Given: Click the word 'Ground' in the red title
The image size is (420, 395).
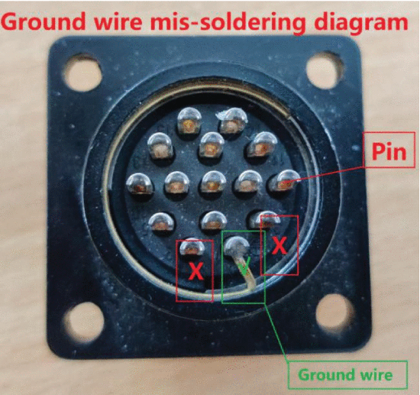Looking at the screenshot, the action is click(44, 22).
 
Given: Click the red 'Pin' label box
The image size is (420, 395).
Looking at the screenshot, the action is click(389, 150).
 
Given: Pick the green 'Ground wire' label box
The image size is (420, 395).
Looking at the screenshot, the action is click(347, 374).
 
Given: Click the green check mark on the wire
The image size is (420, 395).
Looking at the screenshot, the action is click(244, 267).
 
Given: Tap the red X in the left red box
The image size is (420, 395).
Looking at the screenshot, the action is click(196, 271).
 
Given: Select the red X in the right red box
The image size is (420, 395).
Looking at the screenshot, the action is click(279, 246).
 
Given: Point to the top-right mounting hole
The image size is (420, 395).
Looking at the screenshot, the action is click(325, 70).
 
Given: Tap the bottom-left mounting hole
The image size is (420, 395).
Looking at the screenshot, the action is click(84, 324).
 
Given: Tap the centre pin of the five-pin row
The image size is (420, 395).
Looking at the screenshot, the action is click(213, 183).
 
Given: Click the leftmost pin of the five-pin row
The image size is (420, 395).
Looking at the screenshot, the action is click(139, 184).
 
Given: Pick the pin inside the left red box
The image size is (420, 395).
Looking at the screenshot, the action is click(192, 247).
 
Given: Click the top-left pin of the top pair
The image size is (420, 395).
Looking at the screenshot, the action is click(189, 121).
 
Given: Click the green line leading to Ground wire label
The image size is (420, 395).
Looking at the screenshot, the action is click(276, 332).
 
